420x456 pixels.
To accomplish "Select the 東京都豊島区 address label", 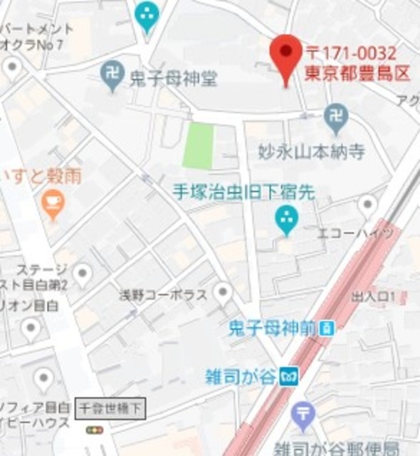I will click(x=357, y=72).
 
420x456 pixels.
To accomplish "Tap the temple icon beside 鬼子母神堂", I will click(x=112, y=74).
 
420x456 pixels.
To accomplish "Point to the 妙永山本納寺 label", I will click(x=311, y=152).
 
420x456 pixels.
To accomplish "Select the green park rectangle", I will click(x=199, y=145).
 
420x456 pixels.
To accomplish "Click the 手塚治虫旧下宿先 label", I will click(x=243, y=192).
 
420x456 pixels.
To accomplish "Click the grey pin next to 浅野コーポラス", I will click(x=224, y=291).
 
